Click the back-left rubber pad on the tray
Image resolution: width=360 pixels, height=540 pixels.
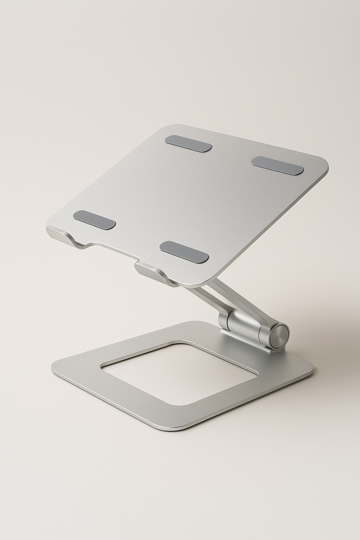point(189,143)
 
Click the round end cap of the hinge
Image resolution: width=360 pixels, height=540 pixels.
point(280,332)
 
